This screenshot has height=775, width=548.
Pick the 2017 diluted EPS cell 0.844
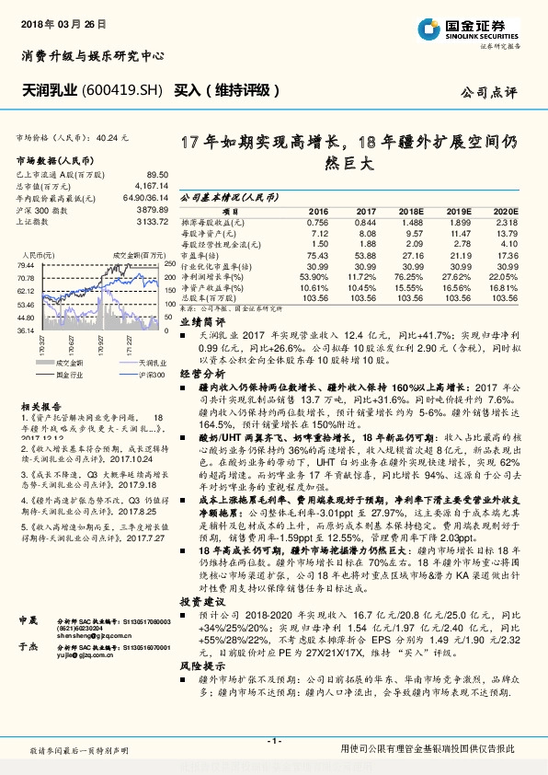[365, 222]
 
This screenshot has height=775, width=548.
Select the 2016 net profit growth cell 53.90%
[314, 276]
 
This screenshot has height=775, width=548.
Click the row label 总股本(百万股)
[210, 298]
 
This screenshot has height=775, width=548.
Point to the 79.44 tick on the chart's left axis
[26, 265]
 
